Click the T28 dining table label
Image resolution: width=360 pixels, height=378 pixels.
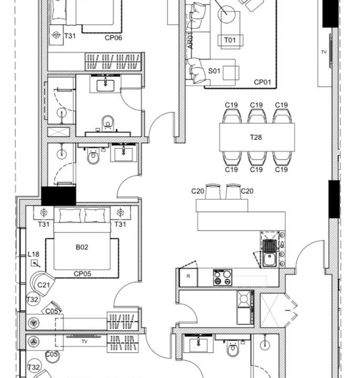256,138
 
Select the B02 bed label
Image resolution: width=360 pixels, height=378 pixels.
82,247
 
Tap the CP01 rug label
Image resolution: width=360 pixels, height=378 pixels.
262,82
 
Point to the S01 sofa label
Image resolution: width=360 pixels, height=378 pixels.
214,71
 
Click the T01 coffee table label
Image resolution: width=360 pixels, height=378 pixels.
230,40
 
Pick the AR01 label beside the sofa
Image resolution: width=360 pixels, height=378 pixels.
190,40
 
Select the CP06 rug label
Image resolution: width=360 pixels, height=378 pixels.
113,38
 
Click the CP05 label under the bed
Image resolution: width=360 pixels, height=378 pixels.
82,274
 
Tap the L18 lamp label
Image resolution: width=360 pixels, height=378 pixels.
33,254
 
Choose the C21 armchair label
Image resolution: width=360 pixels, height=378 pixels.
44,285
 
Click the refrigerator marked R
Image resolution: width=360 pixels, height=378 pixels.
188,277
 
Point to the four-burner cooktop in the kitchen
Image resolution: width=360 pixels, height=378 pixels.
223,278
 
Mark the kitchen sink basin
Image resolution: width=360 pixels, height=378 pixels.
270,259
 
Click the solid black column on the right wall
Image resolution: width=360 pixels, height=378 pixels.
334,199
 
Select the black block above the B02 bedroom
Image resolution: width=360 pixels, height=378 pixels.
59,196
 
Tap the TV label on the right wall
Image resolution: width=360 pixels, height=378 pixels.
324,52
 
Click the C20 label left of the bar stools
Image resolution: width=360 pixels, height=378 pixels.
198,191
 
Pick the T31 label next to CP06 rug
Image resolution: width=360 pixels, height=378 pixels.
70,36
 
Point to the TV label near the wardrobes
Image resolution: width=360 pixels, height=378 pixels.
84,342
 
